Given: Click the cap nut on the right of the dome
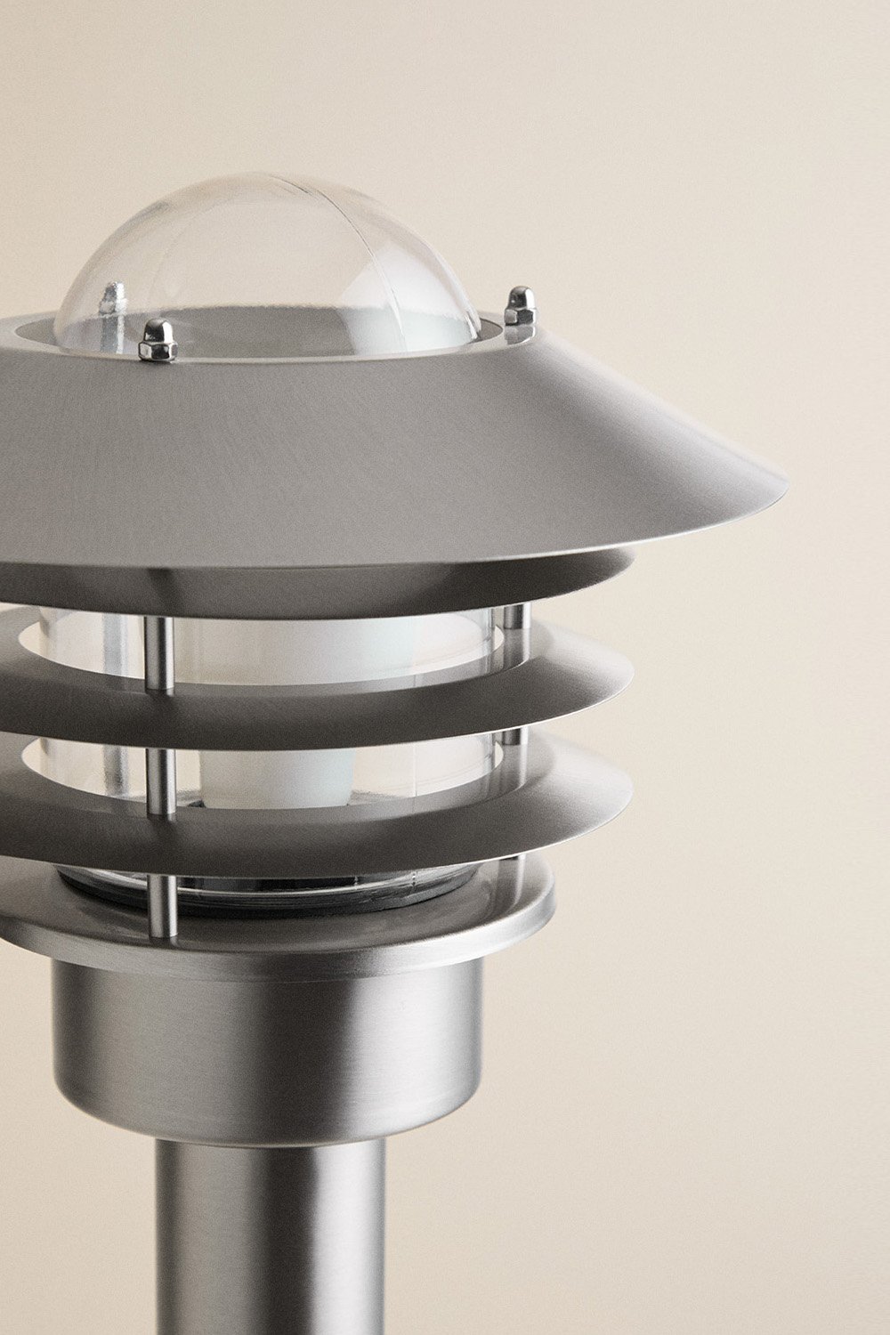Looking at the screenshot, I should [520, 307].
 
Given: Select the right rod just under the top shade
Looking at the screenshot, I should [514, 623].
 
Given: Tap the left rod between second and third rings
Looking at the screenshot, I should [160, 781].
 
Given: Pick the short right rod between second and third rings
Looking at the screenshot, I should [510, 738].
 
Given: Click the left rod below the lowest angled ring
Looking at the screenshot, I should [162, 906].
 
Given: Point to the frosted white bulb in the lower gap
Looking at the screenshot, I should [258, 774].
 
